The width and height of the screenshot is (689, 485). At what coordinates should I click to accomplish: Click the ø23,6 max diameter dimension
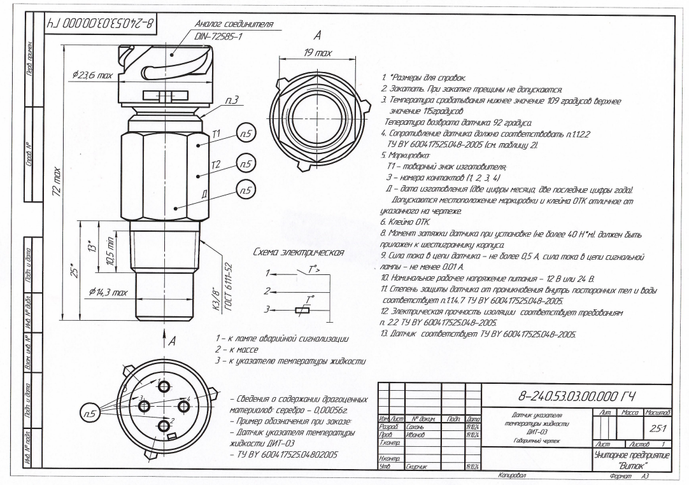click(88, 75)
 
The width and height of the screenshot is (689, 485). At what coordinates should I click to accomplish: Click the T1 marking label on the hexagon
click(198, 144)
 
